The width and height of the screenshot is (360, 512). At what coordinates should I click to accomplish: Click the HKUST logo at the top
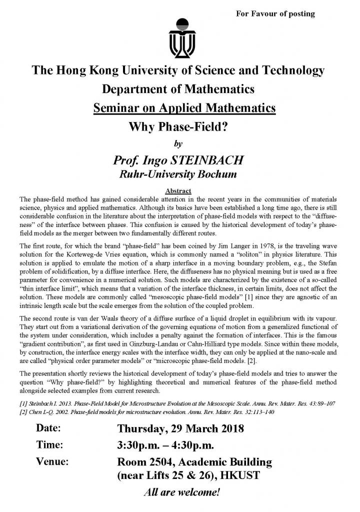[x=179, y=37]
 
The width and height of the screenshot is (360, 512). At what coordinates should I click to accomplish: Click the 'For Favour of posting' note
[x=275, y=13]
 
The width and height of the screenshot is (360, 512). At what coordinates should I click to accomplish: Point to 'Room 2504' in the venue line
[x=145, y=461]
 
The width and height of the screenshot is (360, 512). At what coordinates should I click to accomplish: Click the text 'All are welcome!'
[x=181, y=492]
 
